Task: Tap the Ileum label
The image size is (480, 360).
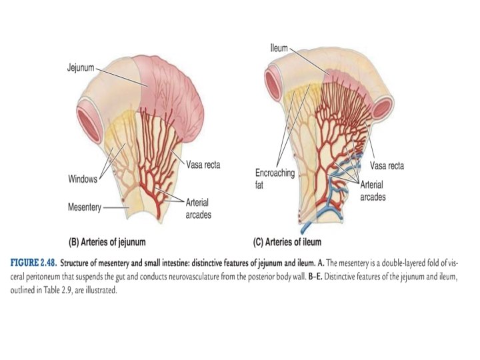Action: tap(279, 49)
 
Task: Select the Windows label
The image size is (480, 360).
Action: tap(83, 179)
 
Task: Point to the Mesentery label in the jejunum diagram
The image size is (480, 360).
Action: tap(84, 207)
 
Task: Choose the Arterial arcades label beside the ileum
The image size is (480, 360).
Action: tap(373, 190)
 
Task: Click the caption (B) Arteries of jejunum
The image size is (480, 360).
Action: tap(108, 241)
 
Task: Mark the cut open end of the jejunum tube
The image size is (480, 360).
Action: tap(89, 109)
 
